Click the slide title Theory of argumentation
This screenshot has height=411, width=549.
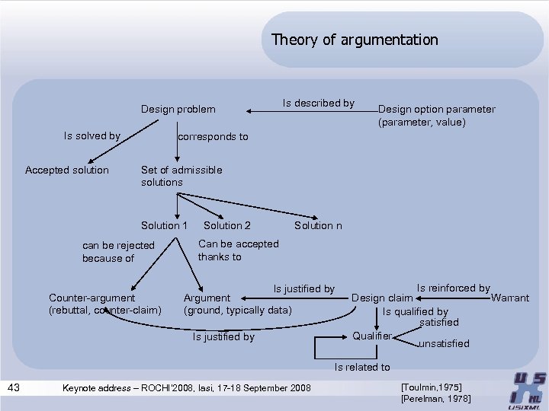click(x=355, y=40)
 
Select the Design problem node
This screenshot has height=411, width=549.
click(x=178, y=110)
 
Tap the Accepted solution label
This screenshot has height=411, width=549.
click(x=67, y=170)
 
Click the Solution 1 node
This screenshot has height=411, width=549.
click(x=164, y=225)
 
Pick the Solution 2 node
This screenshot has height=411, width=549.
click(x=227, y=225)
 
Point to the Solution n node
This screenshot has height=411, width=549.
click(x=318, y=225)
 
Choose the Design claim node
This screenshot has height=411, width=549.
click(x=381, y=298)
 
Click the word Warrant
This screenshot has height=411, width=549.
click(x=509, y=298)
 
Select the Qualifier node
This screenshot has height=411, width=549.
click(x=372, y=336)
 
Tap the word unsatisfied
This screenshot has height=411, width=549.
click(x=444, y=344)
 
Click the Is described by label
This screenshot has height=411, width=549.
click(x=318, y=103)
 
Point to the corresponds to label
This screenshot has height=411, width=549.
click(x=213, y=137)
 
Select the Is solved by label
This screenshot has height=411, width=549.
click(x=92, y=136)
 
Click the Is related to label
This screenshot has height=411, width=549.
click(x=362, y=368)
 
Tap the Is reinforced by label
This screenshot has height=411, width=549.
click(x=453, y=288)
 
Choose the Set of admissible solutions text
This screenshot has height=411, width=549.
click(x=181, y=176)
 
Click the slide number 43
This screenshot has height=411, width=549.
click(x=14, y=388)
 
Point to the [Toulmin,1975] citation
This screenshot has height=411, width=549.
click(x=431, y=387)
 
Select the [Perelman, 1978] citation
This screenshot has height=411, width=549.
click(x=435, y=399)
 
